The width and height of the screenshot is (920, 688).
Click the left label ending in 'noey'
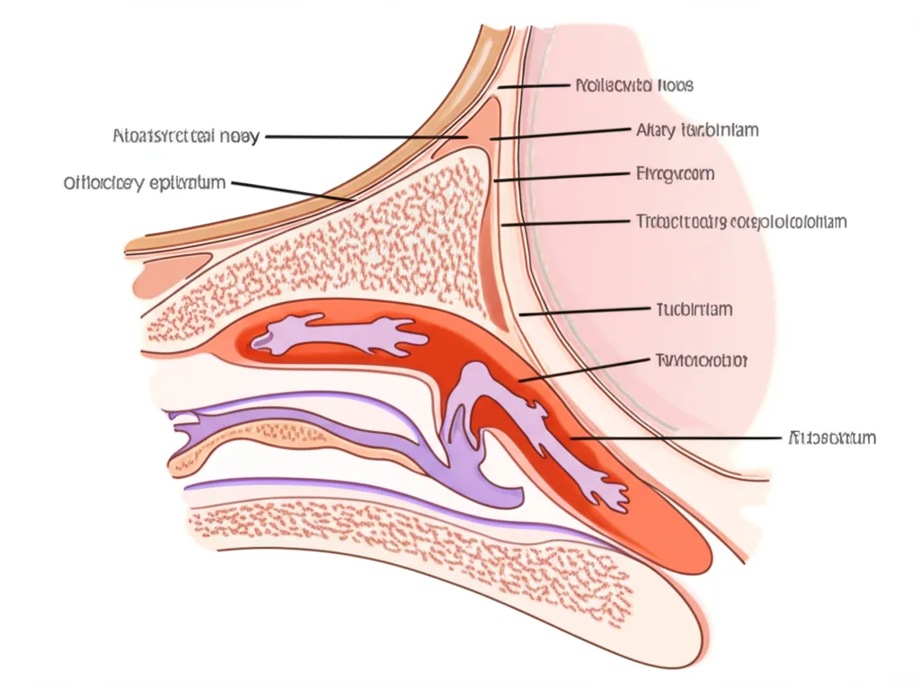point(187,137)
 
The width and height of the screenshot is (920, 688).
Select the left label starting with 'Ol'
point(144,183)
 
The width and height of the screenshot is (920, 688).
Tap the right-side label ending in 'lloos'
point(633,86)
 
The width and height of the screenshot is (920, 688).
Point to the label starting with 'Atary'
point(697,130)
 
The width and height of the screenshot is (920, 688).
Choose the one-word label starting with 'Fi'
point(675,173)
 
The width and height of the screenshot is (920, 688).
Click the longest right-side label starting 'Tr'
point(741,221)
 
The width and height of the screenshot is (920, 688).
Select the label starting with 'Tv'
point(698,360)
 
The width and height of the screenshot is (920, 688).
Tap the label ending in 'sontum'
point(831,438)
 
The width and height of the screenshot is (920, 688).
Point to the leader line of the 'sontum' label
point(674,438)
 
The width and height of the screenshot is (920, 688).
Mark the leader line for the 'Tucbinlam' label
point(584,312)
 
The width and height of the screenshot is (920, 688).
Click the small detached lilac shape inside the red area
point(341,336)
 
